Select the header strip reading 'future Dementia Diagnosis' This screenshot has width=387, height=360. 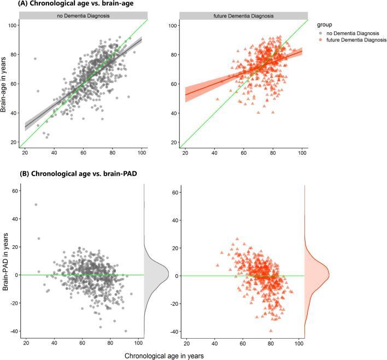pos(244,15)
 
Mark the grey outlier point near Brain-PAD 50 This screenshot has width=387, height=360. pos(36,205)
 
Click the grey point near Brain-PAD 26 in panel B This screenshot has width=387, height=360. pos(39,239)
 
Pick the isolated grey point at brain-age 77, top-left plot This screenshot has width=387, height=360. pos(35,59)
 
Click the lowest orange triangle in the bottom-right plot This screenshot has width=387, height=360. pos(271,330)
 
